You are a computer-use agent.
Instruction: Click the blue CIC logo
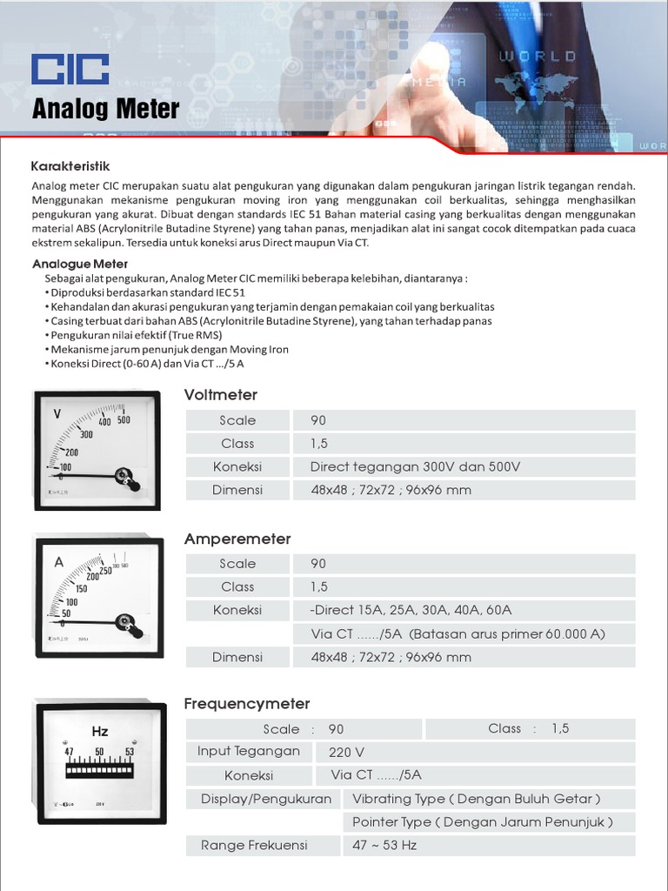[70, 70]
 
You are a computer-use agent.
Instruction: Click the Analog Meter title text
[105, 110]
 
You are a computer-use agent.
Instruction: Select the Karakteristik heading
[70, 166]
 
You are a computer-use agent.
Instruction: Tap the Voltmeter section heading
[221, 395]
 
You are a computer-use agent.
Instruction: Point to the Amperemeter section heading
[237, 539]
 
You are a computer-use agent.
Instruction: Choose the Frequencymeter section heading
[247, 703]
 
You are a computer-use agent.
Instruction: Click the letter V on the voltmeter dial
[57, 413]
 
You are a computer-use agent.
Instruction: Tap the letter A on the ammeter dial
[59, 562]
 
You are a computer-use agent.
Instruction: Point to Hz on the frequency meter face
[100, 731]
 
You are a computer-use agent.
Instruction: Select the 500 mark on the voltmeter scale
[124, 419]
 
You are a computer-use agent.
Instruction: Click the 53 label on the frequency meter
[130, 752]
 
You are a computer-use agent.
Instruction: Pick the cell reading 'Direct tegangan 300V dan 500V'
[415, 466]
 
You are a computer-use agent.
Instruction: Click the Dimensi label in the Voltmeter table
[237, 490]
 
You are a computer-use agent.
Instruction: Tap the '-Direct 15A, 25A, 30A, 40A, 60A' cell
[411, 610]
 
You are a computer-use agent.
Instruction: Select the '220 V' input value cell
[346, 752]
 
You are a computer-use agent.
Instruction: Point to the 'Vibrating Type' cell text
[476, 799]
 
